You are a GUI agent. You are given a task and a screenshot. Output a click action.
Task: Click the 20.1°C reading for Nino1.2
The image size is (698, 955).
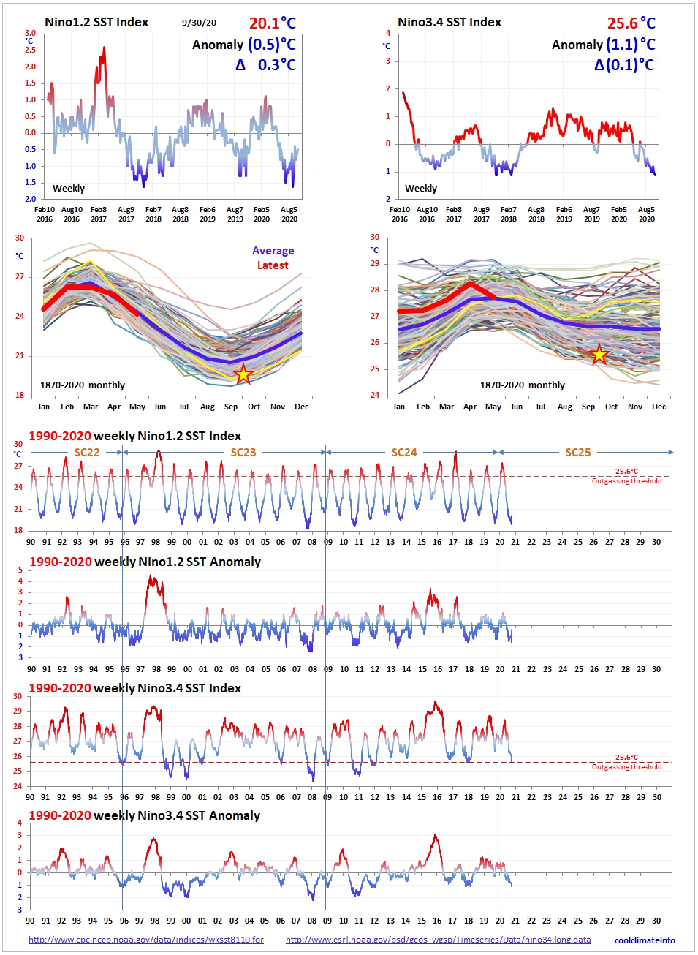pos(272,23)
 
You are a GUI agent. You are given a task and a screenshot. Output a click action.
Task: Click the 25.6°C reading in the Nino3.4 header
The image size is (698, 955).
pos(631,23)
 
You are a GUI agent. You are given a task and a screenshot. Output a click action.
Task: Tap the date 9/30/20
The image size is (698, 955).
pos(199,23)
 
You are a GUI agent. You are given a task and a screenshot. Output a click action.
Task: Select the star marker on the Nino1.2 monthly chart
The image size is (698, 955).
pos(243,374)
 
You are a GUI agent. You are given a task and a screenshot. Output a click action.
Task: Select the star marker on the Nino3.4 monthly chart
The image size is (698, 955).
pos(599,355)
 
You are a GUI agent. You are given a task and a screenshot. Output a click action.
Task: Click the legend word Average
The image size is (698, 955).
pos(273,251)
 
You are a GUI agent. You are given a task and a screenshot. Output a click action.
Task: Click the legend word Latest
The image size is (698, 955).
pos(273,265)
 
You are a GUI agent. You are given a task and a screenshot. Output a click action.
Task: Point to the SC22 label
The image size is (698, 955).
pos(87,453)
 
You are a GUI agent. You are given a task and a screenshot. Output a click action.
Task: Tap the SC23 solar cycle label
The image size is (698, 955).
pos(243,453)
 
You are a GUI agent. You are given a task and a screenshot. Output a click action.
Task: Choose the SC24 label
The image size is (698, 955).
pos(404,453)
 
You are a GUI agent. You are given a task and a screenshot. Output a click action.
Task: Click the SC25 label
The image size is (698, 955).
pos(578,453)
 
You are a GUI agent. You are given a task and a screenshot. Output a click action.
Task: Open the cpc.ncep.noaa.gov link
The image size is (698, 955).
pos(146,940)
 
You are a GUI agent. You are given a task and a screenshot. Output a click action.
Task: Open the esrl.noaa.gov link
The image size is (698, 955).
pos(439,940)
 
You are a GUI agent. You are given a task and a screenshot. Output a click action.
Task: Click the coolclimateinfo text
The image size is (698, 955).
pos(645,940)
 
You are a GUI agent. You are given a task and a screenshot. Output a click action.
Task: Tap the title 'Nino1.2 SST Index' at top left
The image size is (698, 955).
pos(96,23)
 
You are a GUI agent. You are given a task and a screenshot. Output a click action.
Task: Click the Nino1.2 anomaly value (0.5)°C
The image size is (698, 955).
pos(271,45)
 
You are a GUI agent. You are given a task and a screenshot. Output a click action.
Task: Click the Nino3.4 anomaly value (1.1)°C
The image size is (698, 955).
pos(630,45)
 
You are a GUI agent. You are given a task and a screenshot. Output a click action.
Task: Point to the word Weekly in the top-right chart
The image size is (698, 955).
pos(421,189)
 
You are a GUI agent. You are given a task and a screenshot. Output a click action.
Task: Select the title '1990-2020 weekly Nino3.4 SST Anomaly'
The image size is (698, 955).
pos(145,815)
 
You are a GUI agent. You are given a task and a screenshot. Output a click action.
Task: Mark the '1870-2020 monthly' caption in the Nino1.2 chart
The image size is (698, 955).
pos(83,385)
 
